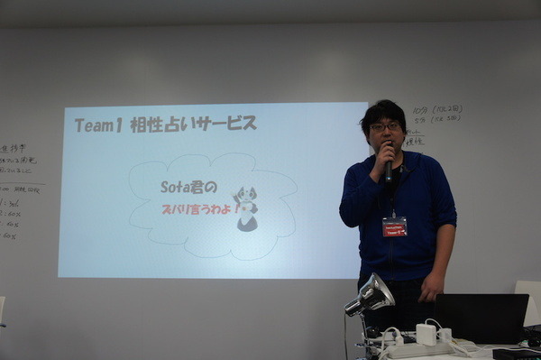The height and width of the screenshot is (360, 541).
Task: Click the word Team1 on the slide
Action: pyautogui.click(x=97, y=125)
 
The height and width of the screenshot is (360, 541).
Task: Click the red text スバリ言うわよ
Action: pyautogui.click(x=200, y=208)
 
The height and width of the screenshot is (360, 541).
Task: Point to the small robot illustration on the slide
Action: pyautogui.click(x=246, y=208)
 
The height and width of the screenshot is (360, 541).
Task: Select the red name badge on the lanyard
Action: pyautogui.click(x=394, y=226)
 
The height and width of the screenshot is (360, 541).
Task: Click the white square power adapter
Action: pyautogui.click(x=426, y=334)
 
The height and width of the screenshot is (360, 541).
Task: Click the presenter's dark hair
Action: pyautogui.click(x=383, y=109)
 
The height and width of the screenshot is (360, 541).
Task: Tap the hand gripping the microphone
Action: pyautogui.click(x=381, y=165)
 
